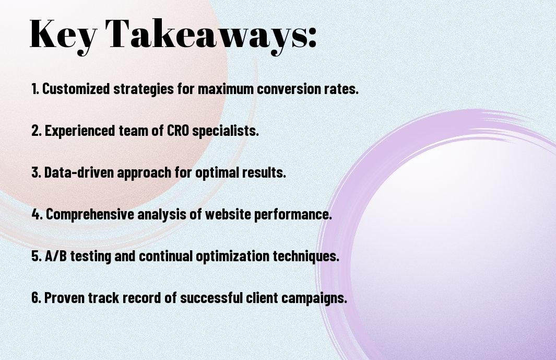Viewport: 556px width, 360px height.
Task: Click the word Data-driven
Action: pyautogui.click(x=79, y=172)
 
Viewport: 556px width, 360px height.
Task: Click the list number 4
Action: pyautogui.click(x=37, y=214)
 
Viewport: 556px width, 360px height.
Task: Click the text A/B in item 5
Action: pyautogui.click(x=56, y=256)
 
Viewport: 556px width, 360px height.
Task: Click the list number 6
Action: pyautogui.click(x=36, y=298)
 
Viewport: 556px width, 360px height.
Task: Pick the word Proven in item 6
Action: pyautogui.click(x=64, y=298)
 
